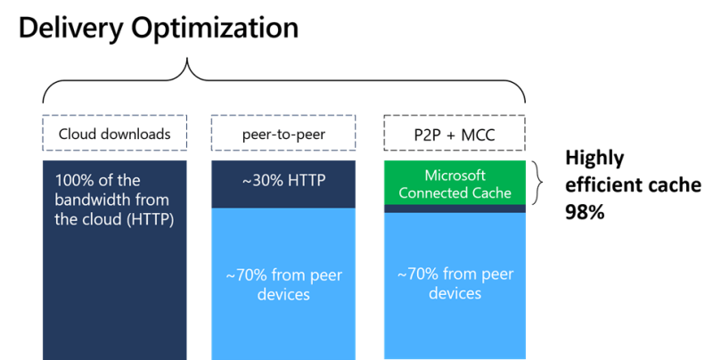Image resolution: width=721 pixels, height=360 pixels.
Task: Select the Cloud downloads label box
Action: click(115, 135)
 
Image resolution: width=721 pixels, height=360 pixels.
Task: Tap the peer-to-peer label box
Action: click(283, 135)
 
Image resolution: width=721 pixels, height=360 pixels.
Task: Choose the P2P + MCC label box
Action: click(455, 135)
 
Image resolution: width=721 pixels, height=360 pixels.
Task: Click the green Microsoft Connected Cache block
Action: click(455, 183)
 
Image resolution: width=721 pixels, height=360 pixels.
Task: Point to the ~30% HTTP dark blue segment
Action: click(283, 183)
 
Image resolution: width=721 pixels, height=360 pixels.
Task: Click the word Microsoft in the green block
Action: click(455, 175)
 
